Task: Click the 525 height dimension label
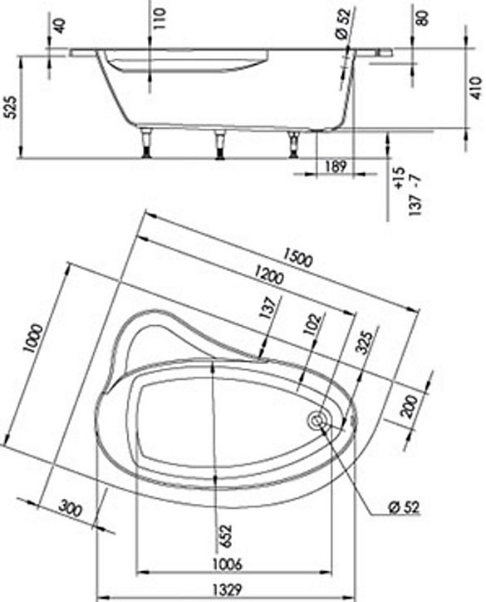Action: click(12, 107)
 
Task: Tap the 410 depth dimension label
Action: click(476, 88)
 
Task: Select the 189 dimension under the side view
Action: click(336, 166)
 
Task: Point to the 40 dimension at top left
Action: click(60, 26)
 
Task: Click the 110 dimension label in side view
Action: click(160, 19)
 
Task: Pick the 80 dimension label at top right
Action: click(422, 17)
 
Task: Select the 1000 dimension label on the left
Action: click(32, 338)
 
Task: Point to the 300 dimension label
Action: click(70, 509)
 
